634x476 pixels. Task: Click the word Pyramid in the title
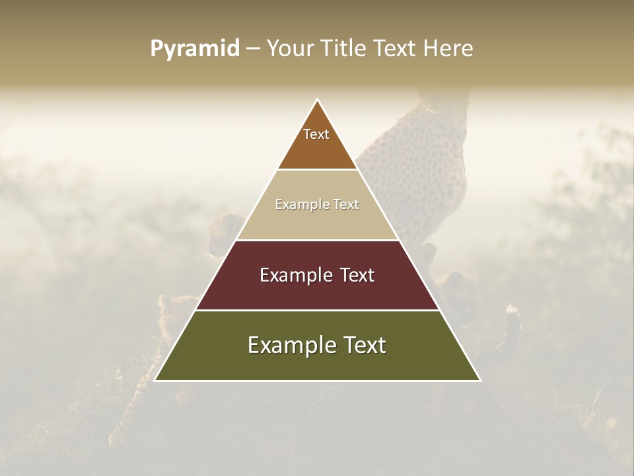point(194,49)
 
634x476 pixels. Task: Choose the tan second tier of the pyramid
point(317,221)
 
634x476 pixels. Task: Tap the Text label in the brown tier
point(316,134)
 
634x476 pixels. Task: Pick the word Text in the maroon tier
point(357,275)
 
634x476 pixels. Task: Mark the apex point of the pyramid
point(318,100)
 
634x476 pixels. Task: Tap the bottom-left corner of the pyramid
point(155,380)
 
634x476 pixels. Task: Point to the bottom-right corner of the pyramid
point(480,380)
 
